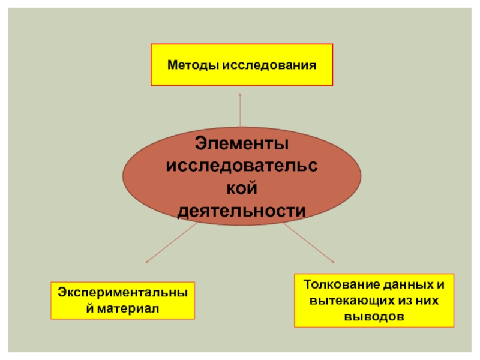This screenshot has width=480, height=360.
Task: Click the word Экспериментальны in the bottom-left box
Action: pos(122,292)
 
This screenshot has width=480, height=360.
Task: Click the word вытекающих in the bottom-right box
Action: pos(344,299)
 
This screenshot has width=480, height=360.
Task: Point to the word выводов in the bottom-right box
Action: pos(374,315)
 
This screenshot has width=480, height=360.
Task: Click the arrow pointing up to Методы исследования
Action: pos(241,111)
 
